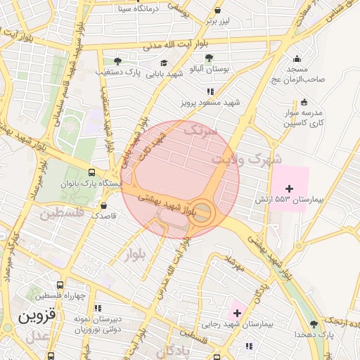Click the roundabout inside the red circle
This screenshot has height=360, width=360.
coord(202,213)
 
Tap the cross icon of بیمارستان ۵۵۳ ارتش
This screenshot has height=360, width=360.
coord(289,188)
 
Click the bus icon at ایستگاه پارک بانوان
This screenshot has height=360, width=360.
coord(92,172)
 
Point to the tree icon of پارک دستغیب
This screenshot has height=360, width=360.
coord(117,61)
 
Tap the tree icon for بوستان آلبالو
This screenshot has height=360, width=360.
coord(209,58)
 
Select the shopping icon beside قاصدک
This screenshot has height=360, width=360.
coord(104,206)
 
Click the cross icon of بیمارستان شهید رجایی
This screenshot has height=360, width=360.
coord(237,312)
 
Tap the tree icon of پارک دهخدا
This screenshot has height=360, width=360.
coord(313,323)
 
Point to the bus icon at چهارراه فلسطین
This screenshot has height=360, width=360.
coord(60,286)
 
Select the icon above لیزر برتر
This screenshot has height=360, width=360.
coord(218,11)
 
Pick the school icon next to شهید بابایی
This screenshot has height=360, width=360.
coord(164,63)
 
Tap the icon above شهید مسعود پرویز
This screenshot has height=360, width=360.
coord(209,91)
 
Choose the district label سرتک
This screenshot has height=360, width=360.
coord(201,130)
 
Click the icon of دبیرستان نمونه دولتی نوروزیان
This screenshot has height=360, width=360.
coord(98,308)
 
